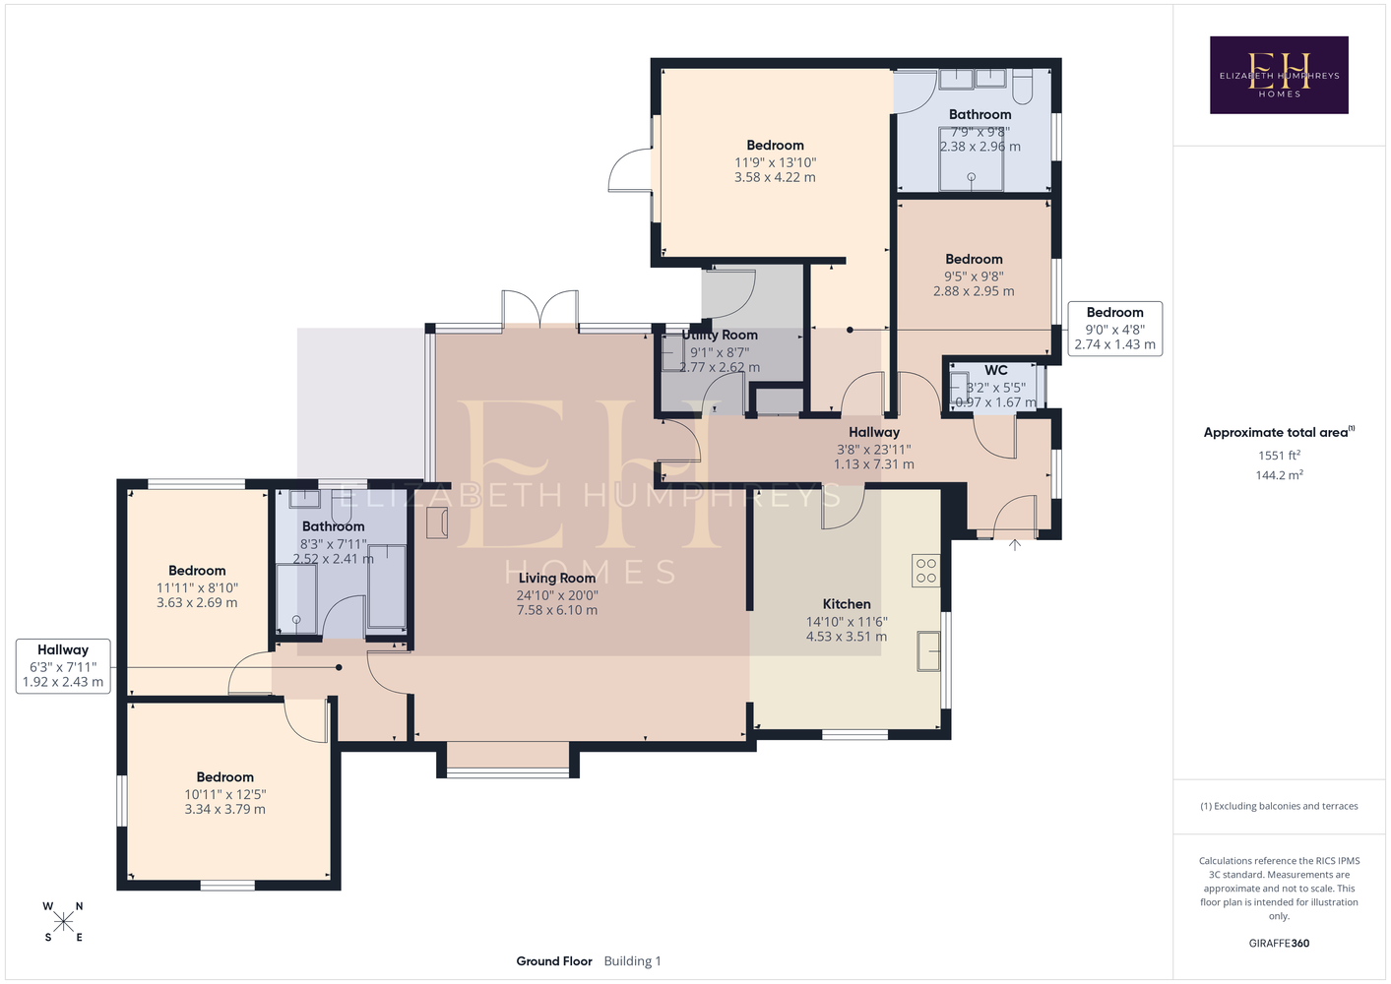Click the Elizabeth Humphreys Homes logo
click(x=1279, y=75)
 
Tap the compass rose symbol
click(x=63, y=922)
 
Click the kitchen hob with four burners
click(x=925, y=571)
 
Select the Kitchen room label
click(x=847, y=604)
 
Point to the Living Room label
click(x=557, y=578)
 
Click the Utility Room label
click(x=720, y=335)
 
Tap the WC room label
click(x=995, y=370)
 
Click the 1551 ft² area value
click(x=1279, y=455)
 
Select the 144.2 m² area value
click(x=1279, y=475)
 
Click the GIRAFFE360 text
click(x=1279, y=943)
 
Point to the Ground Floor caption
click(x=554, y=961)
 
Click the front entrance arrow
click(x=1015, y=545)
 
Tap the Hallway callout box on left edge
click(x=63, y=666)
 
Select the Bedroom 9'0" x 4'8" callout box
click(x=1114, y=329)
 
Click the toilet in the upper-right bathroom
click(x=1023, y=86)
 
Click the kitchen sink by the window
click(x=929, y=650)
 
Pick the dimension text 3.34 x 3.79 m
click(x=224, y=809)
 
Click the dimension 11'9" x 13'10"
click(x=775, y=162)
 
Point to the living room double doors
click(x=540, y=309)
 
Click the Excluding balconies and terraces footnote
click(x=1279, y=806)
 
